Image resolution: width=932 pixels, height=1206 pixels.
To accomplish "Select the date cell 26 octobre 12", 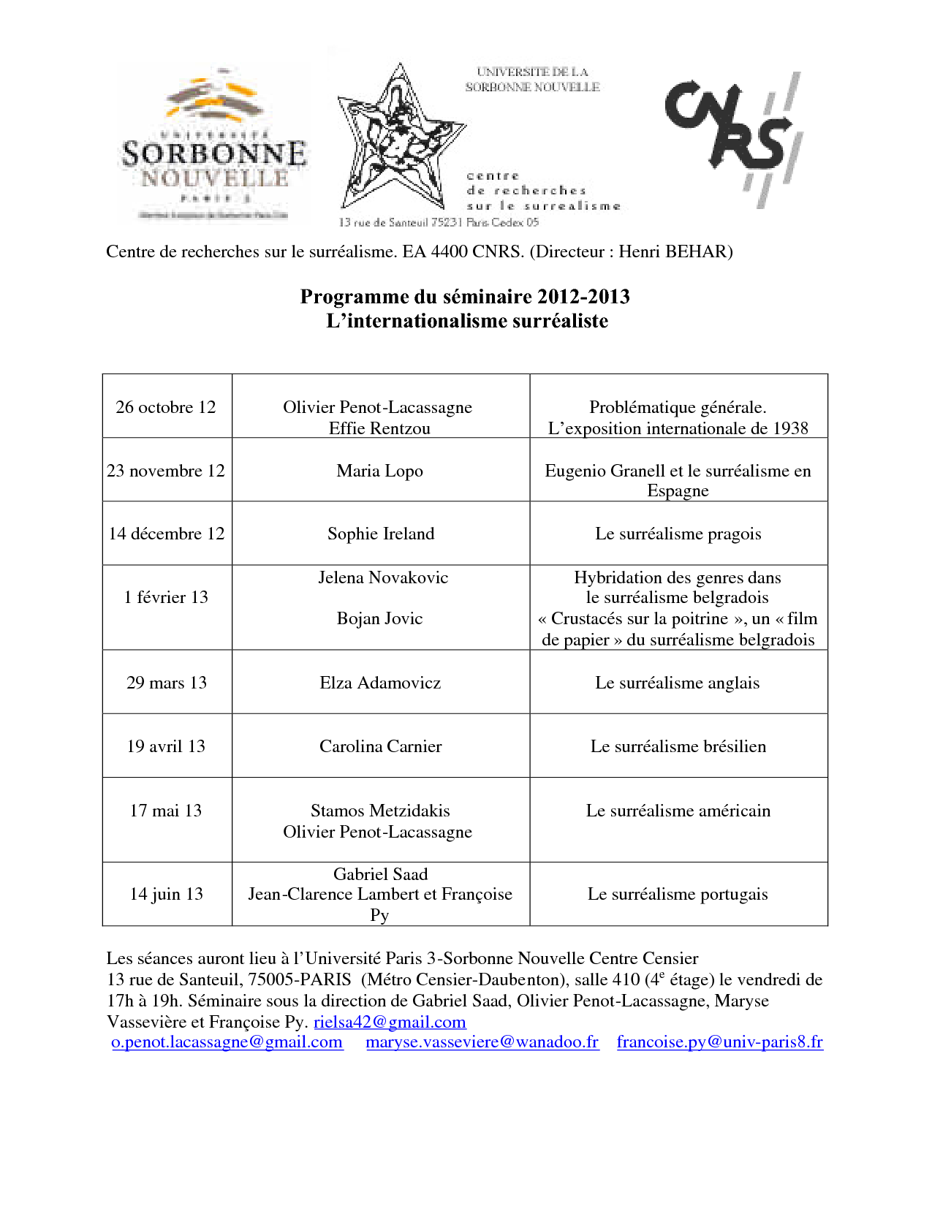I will click(x=166, y=407).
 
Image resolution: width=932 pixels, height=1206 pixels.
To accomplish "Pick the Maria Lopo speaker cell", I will click(x=380, y=471).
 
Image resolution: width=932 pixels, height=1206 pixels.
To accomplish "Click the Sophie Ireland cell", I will click(x=381, y=534).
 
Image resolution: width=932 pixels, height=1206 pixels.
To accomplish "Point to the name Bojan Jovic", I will click(x=380, y=618).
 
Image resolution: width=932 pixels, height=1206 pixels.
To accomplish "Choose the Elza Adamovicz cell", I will click(x=380, y=683).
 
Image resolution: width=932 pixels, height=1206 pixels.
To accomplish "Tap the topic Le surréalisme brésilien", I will click(x=678, y=746).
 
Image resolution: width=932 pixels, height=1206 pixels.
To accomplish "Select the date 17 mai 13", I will click(x=166, y=811).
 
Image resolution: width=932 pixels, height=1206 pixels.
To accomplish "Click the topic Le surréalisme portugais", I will click(x=678, y=894).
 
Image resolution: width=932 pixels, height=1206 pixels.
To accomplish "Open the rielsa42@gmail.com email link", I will click(x=390, y=1022).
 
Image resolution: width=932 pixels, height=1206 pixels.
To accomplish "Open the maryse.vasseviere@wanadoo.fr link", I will click(x=482, y=1042).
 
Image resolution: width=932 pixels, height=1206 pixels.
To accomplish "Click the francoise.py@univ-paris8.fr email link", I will click(x=720, y=1042).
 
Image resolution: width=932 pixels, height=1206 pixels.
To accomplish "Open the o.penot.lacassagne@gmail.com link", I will click(x=227, y=1042).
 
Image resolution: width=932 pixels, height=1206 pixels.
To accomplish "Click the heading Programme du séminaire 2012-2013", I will click(x=465, y=297).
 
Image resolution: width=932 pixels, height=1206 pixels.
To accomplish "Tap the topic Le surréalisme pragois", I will click(x=678, y=534).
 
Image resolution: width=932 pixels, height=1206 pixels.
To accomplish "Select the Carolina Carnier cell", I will click(x=381, y=746).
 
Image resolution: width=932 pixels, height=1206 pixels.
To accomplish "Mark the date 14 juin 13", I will click(x=166, y=894).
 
